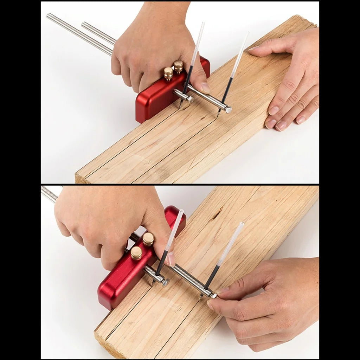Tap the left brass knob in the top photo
[x=168, y=73]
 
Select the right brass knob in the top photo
[x=178, y=65]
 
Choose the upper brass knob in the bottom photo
[x=148, y=239]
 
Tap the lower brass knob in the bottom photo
[x=136, y=253]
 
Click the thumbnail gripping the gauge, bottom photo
[x=171, y=259]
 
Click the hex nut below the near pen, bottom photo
[x=165, y=282]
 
